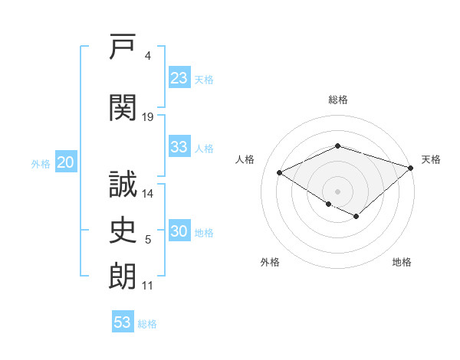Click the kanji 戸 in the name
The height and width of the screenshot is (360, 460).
point(123,46)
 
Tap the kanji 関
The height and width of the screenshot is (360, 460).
point(123,107)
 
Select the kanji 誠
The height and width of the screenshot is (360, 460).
point(123,184)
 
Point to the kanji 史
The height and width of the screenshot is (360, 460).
point(123,230)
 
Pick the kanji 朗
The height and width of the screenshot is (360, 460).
point(123,277)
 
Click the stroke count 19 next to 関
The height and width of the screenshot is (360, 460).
point(147,117)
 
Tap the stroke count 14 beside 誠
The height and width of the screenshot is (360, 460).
point(147,194)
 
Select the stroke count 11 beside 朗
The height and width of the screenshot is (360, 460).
point(147,286)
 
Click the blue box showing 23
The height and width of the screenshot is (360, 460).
point(179,77)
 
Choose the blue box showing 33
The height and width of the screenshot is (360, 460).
point(179,146)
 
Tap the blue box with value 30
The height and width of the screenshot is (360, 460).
point(179,230)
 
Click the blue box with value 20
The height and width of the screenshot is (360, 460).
point(66,162)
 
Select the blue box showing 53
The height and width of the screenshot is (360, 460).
point(123,321)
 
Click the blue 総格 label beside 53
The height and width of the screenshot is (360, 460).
point(147,324)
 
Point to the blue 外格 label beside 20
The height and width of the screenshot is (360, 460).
point(41,164)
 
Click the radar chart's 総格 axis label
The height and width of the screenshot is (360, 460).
point(338,100)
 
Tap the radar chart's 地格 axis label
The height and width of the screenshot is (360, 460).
point(402,262)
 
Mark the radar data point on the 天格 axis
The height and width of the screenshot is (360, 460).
point(411,168)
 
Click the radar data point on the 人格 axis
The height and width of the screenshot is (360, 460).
point(280,172)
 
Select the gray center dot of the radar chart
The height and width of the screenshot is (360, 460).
point(337,191)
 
